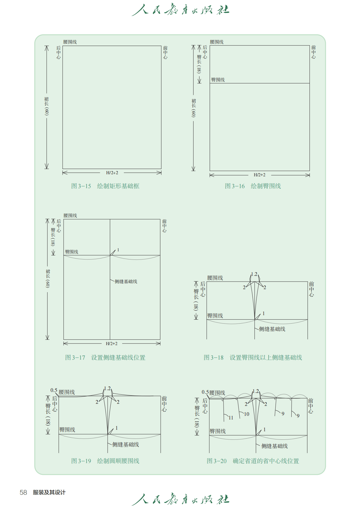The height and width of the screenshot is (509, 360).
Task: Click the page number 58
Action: (23, 492)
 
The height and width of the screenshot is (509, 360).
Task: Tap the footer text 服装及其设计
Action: (49, 492)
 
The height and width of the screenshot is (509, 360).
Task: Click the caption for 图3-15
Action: (105, 186)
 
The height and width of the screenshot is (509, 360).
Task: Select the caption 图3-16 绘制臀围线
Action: (253, 186)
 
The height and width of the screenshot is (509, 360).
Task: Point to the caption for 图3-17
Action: (105, 357)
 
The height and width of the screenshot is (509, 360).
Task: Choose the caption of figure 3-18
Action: (253, 357)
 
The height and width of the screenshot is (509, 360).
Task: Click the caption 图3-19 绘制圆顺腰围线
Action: (105, 461)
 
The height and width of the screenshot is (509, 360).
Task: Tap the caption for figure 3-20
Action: (253, 461)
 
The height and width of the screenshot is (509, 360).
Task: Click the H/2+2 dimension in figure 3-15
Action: (112, 173)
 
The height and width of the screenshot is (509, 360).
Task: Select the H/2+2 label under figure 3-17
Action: (112, 344)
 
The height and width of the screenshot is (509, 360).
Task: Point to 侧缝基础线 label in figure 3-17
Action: (126, 282)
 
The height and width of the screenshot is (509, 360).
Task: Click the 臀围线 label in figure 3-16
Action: (218, 80)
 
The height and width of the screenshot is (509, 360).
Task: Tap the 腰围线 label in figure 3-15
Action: (70, 42)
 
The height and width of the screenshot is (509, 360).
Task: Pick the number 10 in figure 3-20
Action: (247, 414)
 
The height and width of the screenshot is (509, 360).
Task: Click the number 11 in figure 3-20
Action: (231, 418)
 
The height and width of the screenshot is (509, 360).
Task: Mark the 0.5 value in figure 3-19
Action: (54, 390)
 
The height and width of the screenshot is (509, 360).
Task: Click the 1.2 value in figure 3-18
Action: (254, 274)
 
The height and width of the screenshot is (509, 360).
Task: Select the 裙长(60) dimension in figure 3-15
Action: (47, 106)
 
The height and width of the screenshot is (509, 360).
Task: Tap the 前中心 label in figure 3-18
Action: (311, 289)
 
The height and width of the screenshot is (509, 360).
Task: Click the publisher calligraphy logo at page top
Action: (181, 10)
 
